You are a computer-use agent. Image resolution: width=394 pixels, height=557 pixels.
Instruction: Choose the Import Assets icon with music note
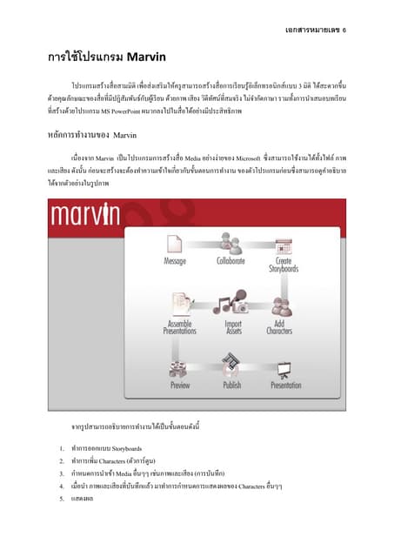(230, 303)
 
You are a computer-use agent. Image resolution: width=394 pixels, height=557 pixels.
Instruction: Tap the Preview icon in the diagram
(180, 366)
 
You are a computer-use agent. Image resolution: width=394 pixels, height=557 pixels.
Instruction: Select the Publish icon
(231, 364)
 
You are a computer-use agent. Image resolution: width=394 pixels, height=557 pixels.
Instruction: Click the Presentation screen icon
(285, 366)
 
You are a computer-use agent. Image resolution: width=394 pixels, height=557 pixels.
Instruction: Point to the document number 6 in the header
(344, 29)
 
